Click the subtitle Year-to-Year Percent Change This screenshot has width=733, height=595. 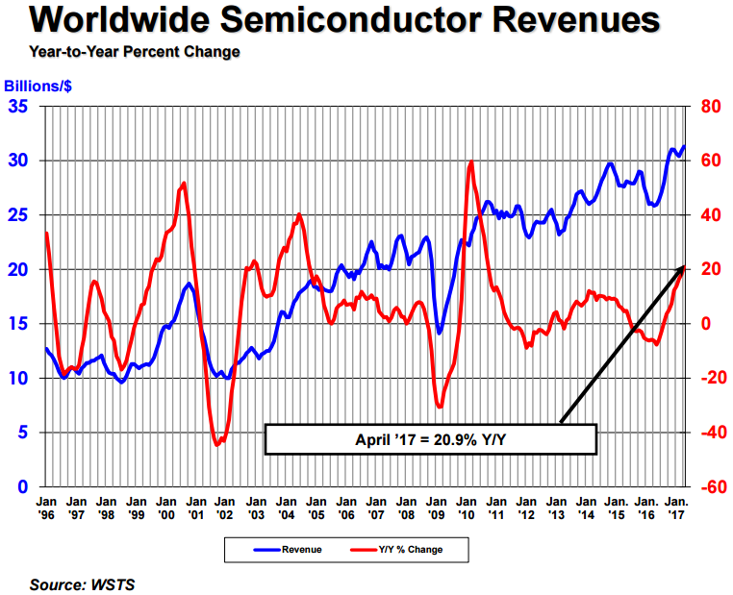135,51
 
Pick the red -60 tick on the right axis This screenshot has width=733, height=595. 710,486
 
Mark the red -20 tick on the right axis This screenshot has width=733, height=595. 710,378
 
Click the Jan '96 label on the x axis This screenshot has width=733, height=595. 46,508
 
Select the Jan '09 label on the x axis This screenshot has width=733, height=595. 438,508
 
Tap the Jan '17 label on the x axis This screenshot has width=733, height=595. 677,508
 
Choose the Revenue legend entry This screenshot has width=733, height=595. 278,550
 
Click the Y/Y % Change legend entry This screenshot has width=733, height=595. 404,550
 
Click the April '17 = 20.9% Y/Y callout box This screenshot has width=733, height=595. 430,438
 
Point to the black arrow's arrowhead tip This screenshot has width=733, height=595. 684,263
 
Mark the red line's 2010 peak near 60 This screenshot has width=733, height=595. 470,161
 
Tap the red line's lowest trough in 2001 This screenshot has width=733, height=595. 216,445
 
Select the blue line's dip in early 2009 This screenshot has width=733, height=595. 440,333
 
